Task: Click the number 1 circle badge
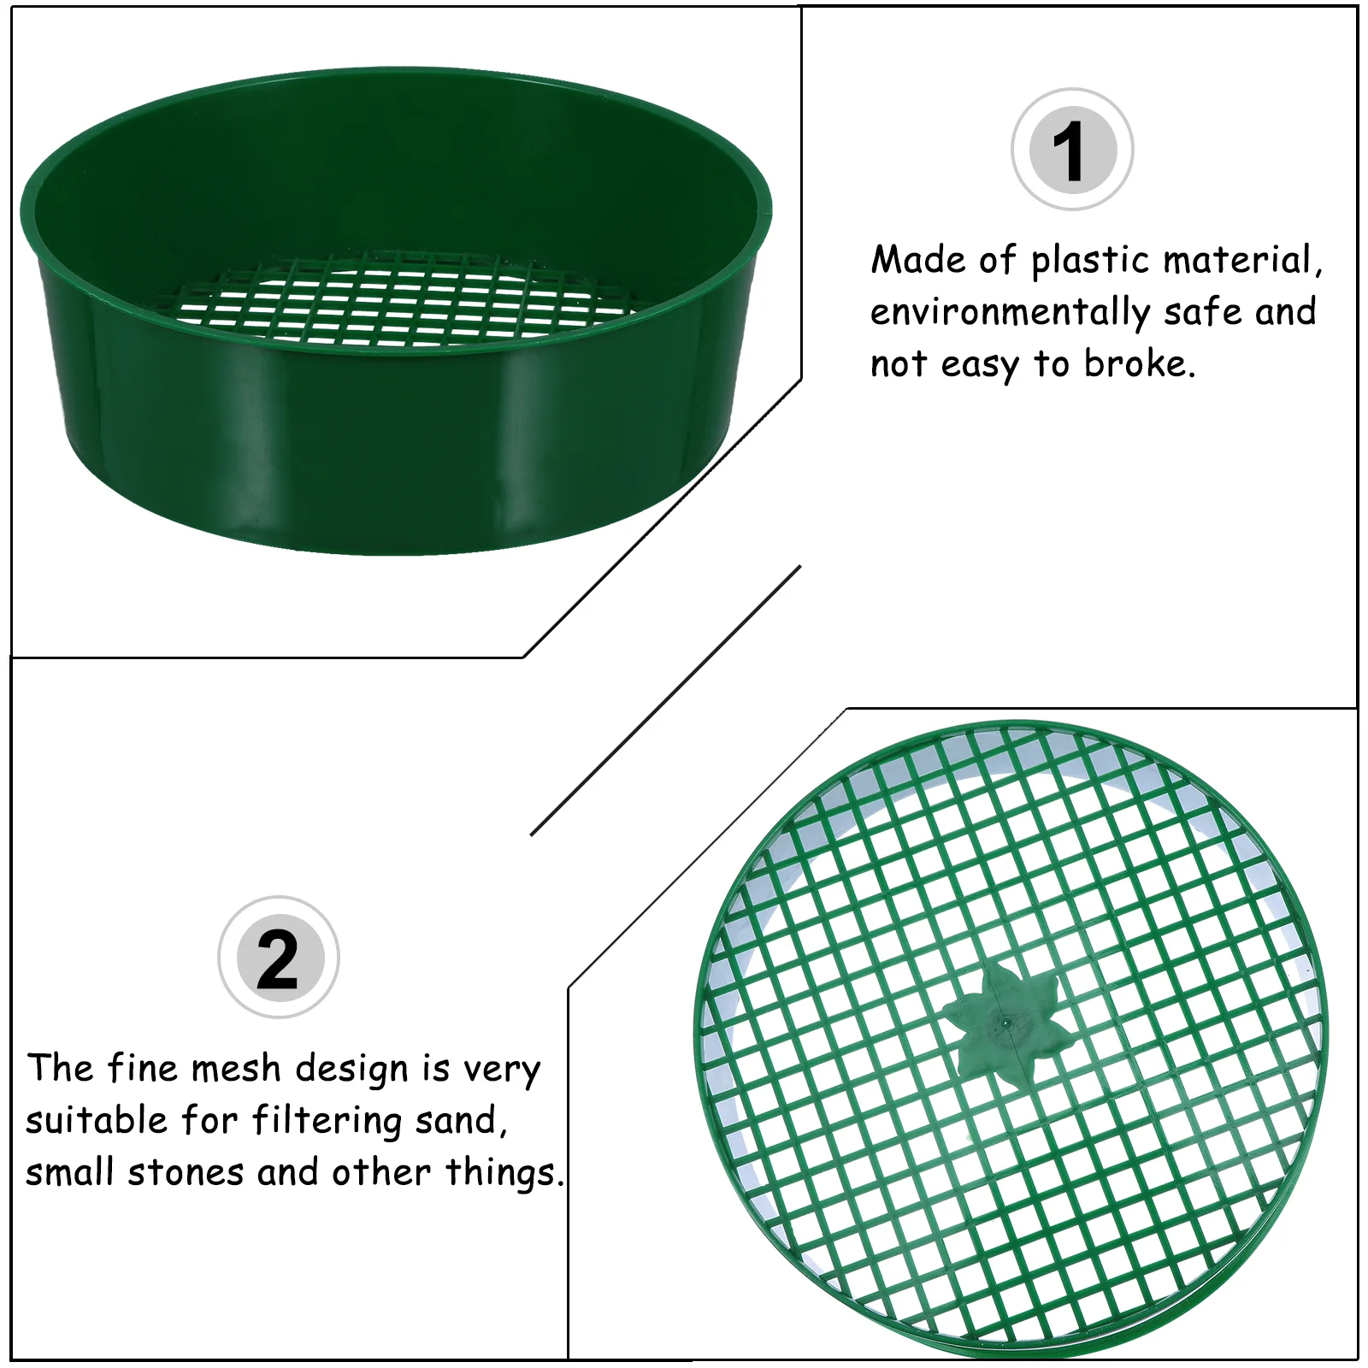coord(1072,150)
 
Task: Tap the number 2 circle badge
coord(279,958)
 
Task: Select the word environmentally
coord(1010,313)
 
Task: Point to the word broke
coord(1138,364)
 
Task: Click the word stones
coord(186,1172)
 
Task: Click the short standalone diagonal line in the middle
coord(665,700)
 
